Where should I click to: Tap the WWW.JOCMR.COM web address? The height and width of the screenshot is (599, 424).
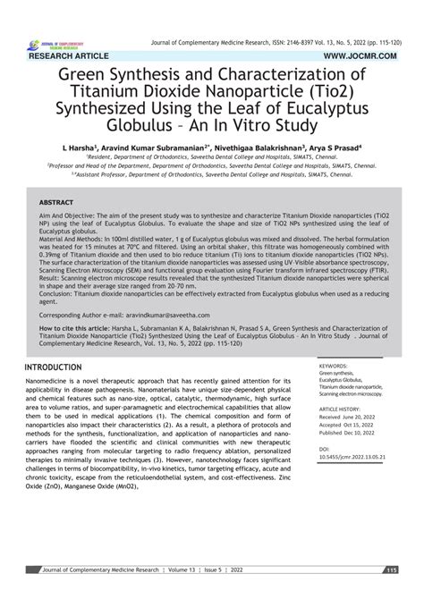pyautogui.click(x=370, y=55)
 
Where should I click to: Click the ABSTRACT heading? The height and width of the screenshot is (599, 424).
pyautogui.click(x=58, y=202)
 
